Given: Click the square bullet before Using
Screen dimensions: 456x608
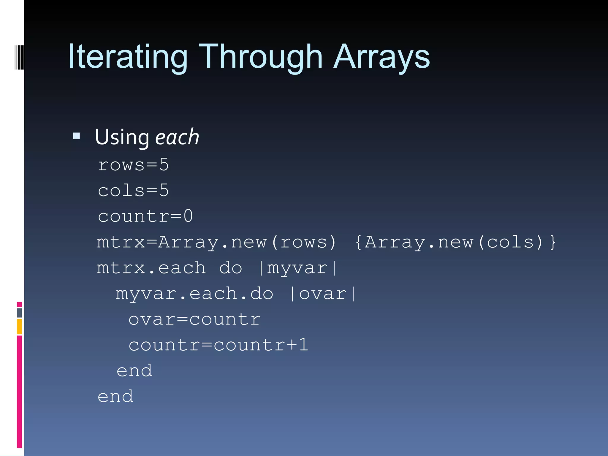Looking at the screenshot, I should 77,136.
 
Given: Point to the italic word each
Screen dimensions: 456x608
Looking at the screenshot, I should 177,137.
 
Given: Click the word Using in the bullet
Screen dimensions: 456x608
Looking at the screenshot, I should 122,137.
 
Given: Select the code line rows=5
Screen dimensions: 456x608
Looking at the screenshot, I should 133,165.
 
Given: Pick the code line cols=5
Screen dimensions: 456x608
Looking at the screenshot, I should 133,190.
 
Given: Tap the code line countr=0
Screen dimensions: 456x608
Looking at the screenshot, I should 145,216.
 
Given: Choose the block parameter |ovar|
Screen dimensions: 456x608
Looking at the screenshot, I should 323,294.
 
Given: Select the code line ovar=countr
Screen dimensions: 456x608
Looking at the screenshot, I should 194,319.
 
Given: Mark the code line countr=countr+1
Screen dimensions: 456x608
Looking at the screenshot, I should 218,345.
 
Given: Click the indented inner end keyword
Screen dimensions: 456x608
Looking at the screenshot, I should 134,371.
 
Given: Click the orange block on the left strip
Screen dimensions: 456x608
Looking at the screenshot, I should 19,327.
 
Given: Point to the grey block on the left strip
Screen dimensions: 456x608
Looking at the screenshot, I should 19,313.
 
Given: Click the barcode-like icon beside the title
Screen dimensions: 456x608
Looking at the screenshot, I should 19,57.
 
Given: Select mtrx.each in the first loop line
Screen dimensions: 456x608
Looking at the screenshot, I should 151,268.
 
